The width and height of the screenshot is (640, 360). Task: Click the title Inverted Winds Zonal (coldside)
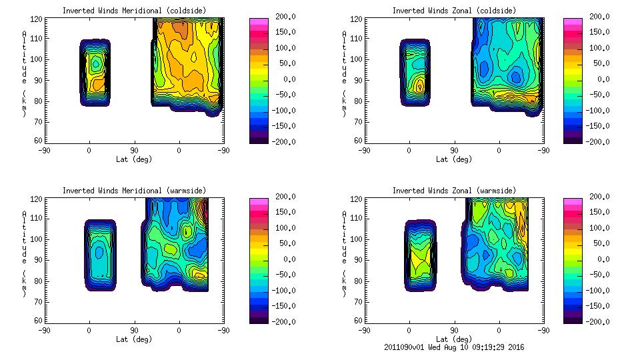tap(454, 11)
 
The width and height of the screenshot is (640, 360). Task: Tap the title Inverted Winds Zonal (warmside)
tap(454, 191)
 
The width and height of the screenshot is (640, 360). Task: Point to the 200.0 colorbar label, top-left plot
tap(286, 17)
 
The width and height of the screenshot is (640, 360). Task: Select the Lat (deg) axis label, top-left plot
tap(134, 159)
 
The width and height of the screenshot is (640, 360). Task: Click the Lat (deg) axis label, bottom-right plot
tap(454, 339)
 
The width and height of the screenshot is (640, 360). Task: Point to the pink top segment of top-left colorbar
tap(259, 21)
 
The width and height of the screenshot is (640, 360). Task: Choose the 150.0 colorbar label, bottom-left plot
tap(286, 212)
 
